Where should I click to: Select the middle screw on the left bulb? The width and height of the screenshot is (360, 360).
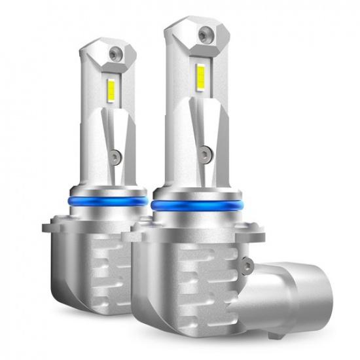115,156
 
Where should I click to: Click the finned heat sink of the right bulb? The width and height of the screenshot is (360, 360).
196,288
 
